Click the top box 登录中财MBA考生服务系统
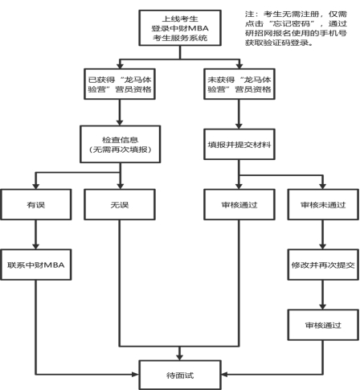[x=180, y=28]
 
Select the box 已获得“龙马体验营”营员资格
[x=120, y=84]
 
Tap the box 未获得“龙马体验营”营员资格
[x=239, y=84]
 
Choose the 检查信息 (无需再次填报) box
[x=121, y=144]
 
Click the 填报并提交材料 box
[x=239, y=144]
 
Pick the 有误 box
[x=36, y=204]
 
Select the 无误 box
[x=120, y=204]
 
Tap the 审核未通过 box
[x=323, y=204]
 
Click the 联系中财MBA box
[x=36, y=265]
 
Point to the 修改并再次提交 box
[x=323, y=265]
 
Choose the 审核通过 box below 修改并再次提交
[x=323, y=325]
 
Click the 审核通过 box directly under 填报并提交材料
[x=239, y=204]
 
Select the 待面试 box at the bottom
[x=180, y=375]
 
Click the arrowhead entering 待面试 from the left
[x=136, y=374]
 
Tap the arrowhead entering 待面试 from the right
[x=224, y=374]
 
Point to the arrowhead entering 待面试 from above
[x=180, y=357]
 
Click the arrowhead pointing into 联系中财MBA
[x=36, y=246]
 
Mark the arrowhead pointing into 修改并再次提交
[x=323, y=246]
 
